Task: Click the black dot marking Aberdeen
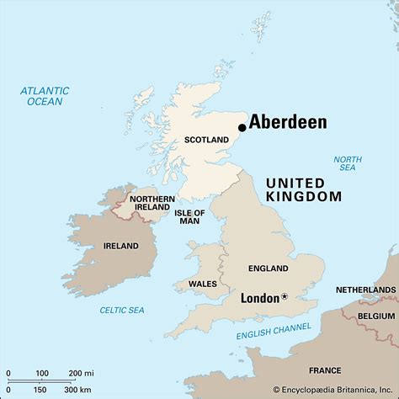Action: (242, 128)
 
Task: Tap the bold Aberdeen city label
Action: (288, 122)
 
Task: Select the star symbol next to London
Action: (284, 296)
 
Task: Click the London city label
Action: (259, 298)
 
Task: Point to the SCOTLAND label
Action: (205, 139)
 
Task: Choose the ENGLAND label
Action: (269, 269)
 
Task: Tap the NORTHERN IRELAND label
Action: (152, 205)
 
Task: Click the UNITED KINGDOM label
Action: (304, 189)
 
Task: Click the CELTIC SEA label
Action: (122, 310)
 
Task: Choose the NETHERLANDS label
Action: (366, 289)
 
